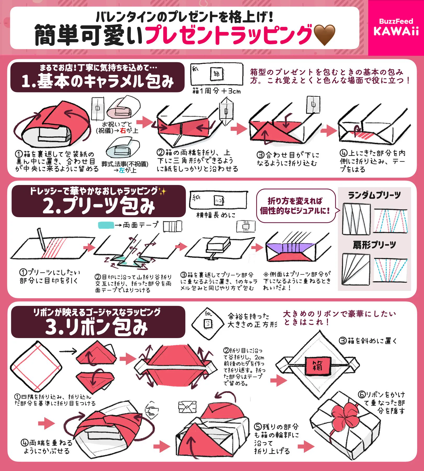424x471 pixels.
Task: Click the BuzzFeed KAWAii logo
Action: coord(396,27)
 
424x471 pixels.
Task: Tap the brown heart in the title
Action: coord(324,35)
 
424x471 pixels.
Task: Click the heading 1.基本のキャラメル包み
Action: coord(97,81)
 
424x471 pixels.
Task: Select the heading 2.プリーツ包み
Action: coord(99,206)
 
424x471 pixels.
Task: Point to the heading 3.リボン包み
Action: coord(97,327)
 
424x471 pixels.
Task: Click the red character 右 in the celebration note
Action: coord(123,131)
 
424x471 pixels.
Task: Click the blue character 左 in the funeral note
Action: coord(122,170)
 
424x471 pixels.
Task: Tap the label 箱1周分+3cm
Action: coord(216,91)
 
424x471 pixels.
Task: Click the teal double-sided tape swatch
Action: coord(106,225)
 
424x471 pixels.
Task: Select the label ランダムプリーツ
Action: coord(374,195)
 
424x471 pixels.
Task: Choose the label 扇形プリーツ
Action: coord(374,245)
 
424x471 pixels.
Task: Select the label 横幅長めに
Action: coord(216,215)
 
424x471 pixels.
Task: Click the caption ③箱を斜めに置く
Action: coord(368,341)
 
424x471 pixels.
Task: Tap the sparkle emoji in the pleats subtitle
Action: coord(162,192)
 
